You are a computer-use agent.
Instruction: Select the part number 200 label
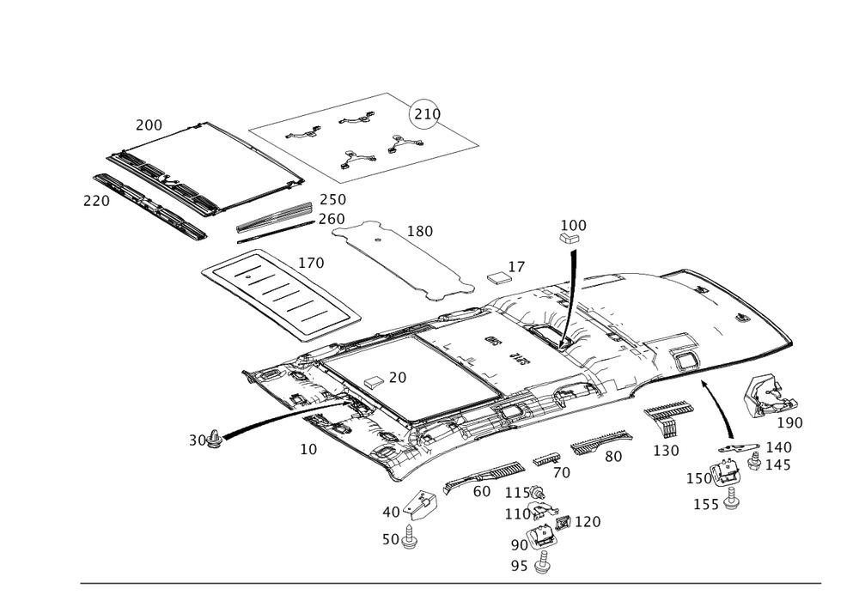coord(149,125)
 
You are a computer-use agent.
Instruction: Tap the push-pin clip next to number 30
coord(216,439)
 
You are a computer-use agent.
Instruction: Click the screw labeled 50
coord(408,537)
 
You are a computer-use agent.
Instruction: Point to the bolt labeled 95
coord(543,562)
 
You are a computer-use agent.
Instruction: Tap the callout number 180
coord(420,232)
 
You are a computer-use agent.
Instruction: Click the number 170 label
coord(311,264)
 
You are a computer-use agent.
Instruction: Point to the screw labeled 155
coord(730,498)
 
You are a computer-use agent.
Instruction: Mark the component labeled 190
coord(769,396)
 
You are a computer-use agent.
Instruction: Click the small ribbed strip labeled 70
coord(546,459)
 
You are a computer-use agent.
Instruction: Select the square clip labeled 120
coord(563,522)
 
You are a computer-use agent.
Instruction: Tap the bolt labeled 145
coord(754,461)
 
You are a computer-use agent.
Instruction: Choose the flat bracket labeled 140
coord(739,448)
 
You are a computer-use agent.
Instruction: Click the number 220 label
coord(96,202)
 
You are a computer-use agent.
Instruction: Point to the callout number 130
coord(667,451)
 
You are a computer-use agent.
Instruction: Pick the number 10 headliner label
coord(308,449)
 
